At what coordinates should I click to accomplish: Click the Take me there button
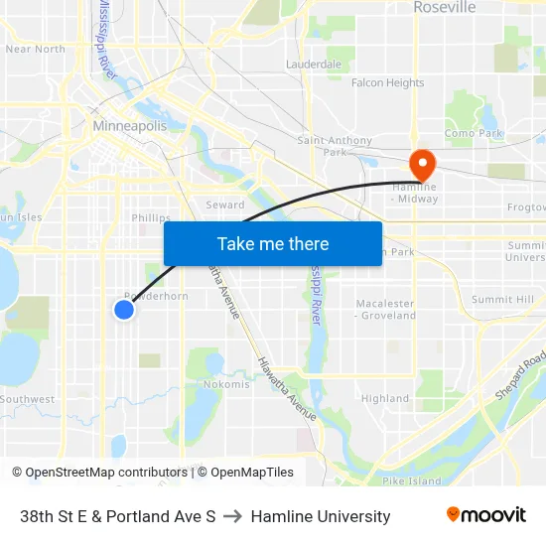point(273,243)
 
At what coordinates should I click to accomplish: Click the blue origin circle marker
point(124,310)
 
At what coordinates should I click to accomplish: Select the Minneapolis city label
point(129,126)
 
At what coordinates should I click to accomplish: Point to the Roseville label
point(444,8)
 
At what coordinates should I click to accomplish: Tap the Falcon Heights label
point(387,83)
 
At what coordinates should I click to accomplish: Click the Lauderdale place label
point(314,64)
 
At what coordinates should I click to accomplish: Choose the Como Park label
point(474,133)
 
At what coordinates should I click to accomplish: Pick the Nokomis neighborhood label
point(226,384)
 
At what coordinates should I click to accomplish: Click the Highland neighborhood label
point(385,399)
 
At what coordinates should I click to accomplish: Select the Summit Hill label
point(502,299)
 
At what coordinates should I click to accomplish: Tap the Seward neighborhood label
point(224,205)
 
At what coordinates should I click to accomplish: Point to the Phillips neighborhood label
point(151,218)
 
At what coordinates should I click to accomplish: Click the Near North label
point(36,49)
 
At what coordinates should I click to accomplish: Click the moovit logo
point(486,515)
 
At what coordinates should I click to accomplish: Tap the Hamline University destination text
point(321,516)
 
